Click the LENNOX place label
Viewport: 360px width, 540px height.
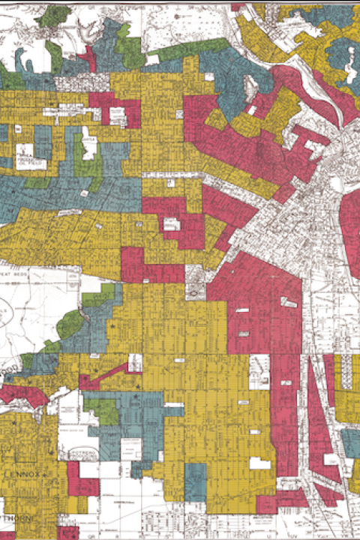tap(28, 474)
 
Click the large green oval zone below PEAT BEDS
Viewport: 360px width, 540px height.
tap(71, 324)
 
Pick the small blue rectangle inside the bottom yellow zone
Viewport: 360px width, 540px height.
tap(195, 477)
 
